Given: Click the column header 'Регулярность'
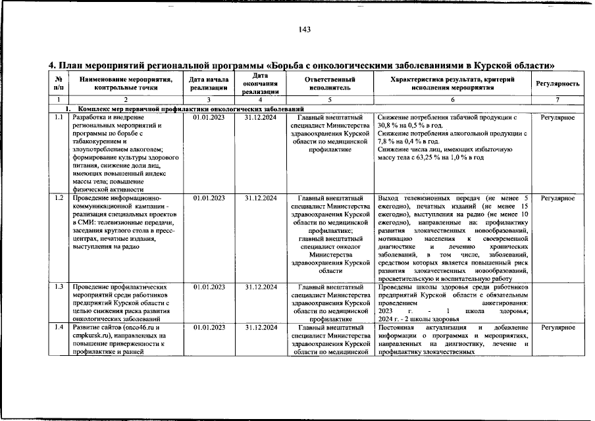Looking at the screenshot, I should (x=557, y=84).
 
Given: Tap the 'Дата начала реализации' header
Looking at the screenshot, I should (x=209, y=84).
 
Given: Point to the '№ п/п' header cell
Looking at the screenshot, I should (x=59, y=83).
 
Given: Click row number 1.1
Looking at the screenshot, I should (x=59, y=118).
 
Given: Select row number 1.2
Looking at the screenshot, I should (x=59, y=197).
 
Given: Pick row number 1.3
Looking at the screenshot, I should (x=59, y=287).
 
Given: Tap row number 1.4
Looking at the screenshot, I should (x=59, y=327).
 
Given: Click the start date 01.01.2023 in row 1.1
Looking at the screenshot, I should (x=209, y=118).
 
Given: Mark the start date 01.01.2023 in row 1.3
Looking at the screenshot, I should (x=209, y=287).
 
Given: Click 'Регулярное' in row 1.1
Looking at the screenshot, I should (x=557, y=118).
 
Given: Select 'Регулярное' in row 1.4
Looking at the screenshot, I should (x=557, y=327).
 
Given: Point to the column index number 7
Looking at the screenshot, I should (x=557, y=99).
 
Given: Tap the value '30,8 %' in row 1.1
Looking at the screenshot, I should (x=389, y=126).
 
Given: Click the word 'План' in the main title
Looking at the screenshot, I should (x=72, y=66).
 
